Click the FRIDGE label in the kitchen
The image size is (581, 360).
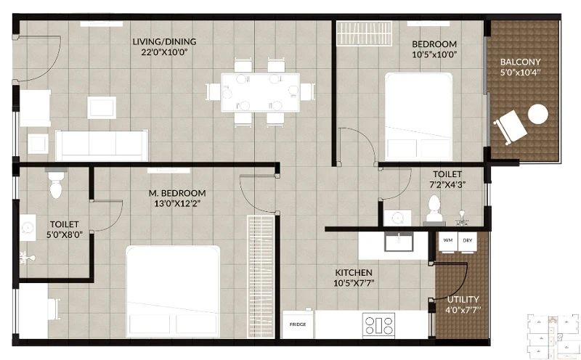[298, 324]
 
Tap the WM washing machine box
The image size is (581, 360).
[448, 242]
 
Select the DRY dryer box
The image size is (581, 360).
[467, 242]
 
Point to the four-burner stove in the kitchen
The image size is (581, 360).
[378, 324]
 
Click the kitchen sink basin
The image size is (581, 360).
[399, 242]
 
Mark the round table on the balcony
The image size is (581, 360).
[537, 114]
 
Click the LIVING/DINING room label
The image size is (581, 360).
[165, 41]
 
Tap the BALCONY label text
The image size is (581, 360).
[520, 62]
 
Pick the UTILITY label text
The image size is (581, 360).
[463, 299]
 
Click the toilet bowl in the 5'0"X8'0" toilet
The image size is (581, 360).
[57, 184]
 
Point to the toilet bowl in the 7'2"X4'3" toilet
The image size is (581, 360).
[434, 208]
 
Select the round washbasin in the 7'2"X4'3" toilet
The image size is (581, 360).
[397, 218]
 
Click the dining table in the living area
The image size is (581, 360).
[261, 93]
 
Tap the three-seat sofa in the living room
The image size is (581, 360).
[102, 145]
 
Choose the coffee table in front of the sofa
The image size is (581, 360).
[102, 107]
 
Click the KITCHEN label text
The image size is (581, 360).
[354, 273]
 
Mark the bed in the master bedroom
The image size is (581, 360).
[173, 292]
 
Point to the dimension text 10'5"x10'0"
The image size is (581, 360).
[434, 54]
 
